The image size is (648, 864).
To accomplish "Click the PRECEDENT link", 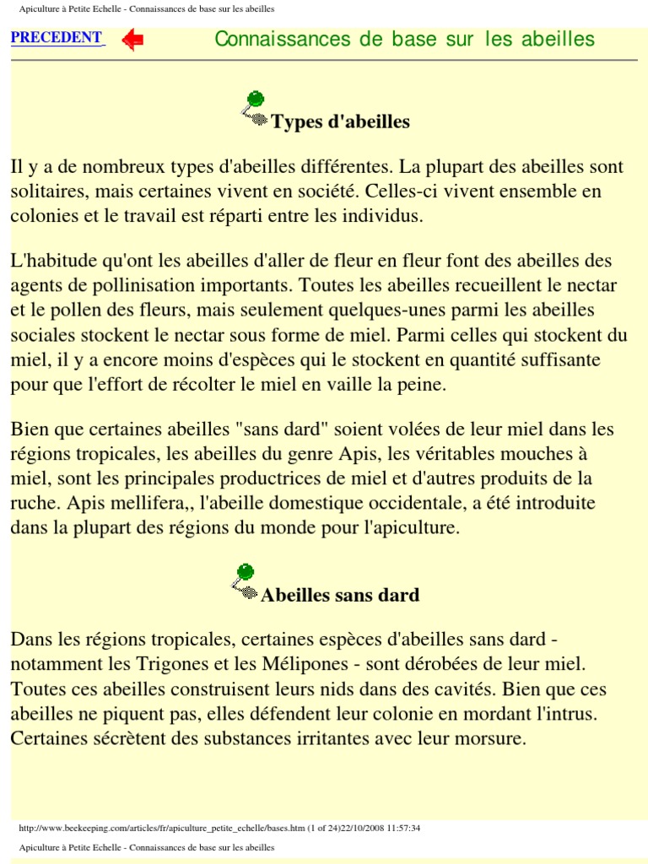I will click(x=57, y=37).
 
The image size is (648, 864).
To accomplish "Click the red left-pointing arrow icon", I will click(x=132, y=40).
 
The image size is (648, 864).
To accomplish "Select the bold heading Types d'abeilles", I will click(x=340, y=121).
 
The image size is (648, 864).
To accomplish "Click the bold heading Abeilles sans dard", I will click(x=340, y=595).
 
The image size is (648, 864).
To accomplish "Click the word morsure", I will click(x=489, y=739).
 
